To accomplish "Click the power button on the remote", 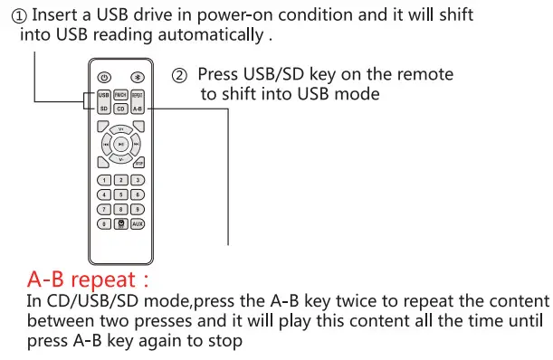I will (x=104, y=77).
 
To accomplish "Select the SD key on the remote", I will (x=104, y=109).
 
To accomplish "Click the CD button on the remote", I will (x=120, y=109).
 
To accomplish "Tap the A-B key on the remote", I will (x=138, y=109).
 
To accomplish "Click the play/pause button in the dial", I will (x=120, y=143).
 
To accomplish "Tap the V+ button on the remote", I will (x=120, y=128).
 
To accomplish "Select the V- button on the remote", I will (x=120, y=158).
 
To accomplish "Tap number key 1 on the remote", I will (x=104, y=180).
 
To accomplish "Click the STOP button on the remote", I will (x=138, y=163).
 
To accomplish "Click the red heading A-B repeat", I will (x=88, y=278).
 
